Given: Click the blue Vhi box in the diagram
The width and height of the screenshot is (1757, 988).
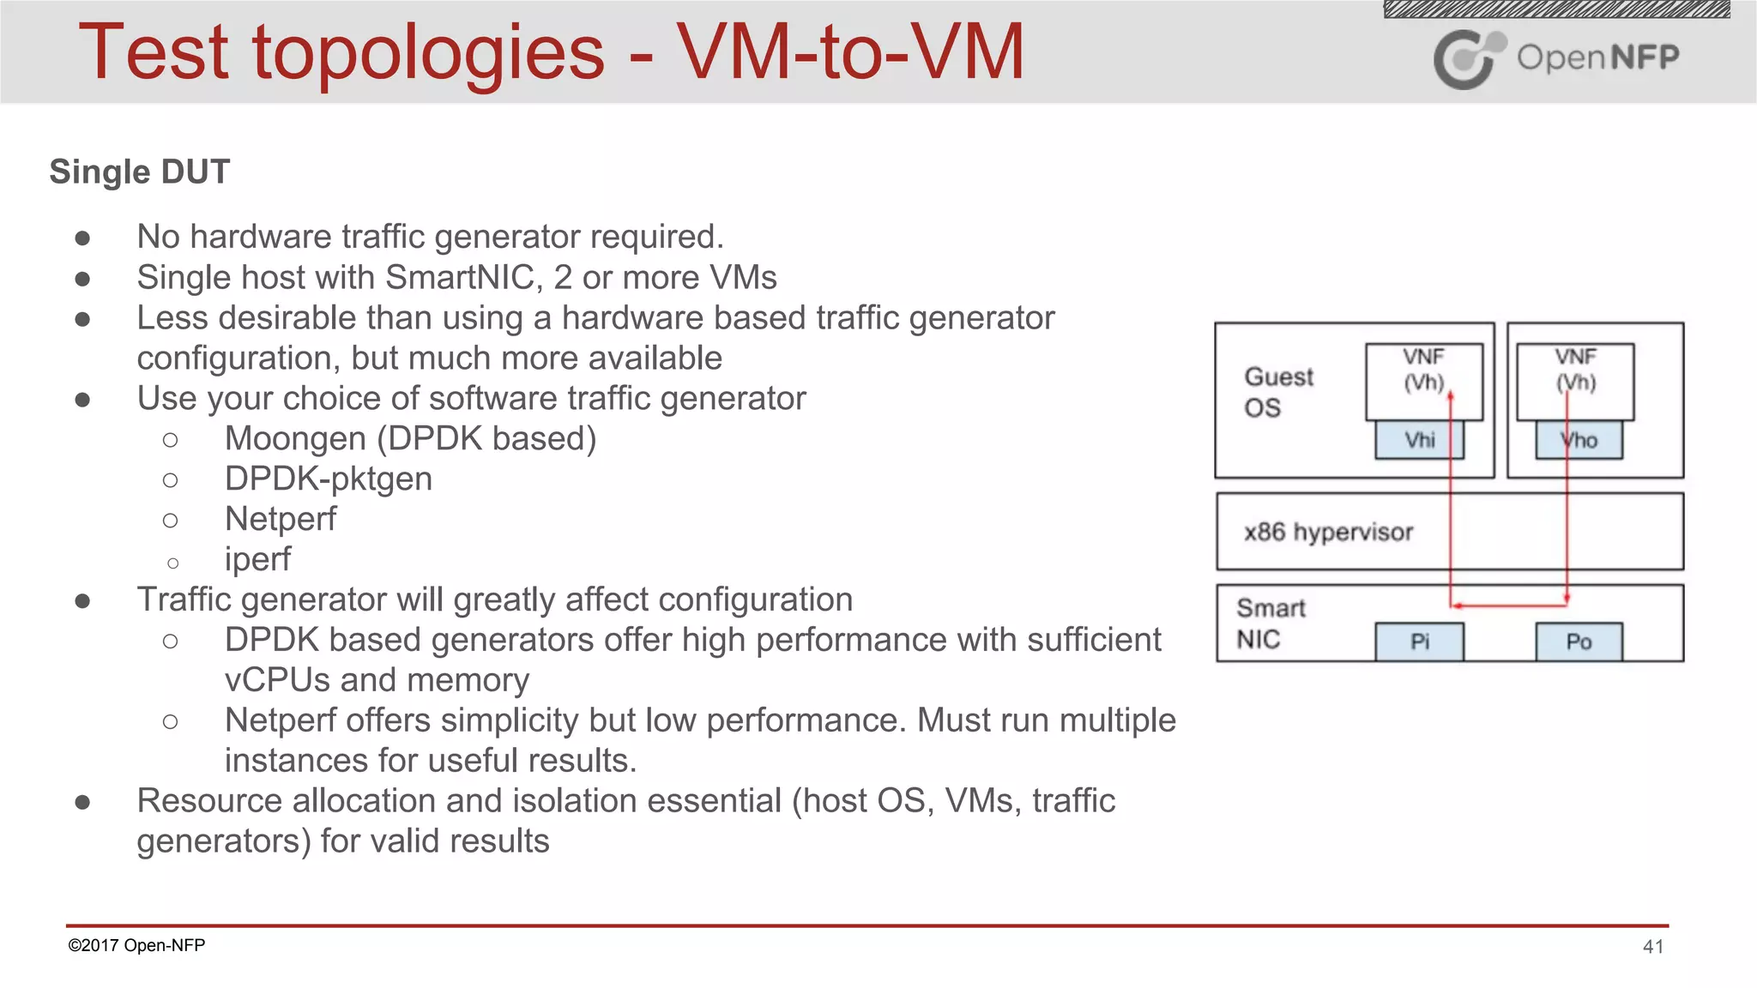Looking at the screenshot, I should (x=1419, y=440).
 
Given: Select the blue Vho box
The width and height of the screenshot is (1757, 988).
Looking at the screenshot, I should (x=1579, y=440).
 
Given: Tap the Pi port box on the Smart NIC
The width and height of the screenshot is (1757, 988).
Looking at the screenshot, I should (x=1419, y=642).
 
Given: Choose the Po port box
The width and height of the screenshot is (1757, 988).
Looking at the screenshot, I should (x=1579, y=642).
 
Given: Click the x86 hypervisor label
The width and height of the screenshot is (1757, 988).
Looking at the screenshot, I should (x=1328, y=532).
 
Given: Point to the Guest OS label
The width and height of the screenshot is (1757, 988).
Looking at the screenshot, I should (x=1277, y=392).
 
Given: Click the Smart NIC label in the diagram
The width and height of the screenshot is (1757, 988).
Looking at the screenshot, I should (x=1270, y=624).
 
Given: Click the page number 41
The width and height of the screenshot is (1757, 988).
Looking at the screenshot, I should (x=1653, y=946).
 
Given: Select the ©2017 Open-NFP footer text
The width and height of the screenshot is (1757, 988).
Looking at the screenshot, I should (x=136, y=945).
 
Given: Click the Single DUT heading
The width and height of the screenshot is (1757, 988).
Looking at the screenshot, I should (x=140, y=172).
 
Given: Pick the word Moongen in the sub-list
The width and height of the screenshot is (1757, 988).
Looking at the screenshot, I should (x=295, y=438).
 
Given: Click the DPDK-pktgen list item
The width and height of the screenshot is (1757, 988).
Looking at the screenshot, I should (x=329, y=479).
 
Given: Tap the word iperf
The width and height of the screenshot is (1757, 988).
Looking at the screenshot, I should (x=257, y=559).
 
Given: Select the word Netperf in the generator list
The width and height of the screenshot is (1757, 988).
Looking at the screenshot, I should (x=281, y=519).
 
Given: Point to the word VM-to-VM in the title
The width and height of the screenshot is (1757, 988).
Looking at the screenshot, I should (x=850, y=53).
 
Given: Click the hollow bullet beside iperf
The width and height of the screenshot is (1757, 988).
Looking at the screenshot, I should (x=172, y=563).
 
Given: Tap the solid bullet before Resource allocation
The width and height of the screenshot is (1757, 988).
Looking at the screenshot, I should (x=82, y=802).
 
